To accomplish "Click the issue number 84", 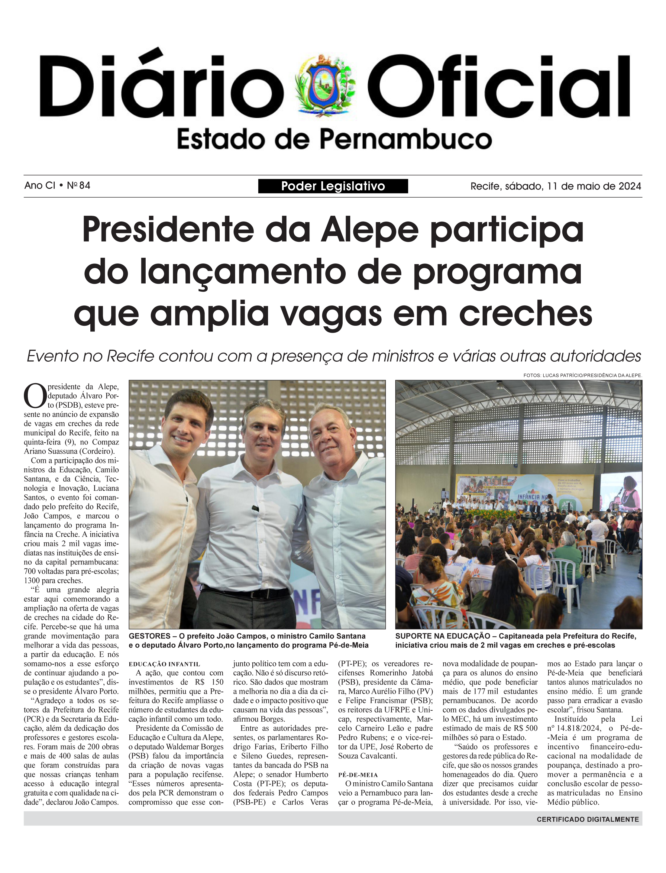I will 84,185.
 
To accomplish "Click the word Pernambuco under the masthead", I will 406,140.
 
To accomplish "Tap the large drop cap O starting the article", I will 35,396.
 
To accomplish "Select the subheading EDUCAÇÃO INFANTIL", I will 164,664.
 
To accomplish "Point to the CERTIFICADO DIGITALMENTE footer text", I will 587,820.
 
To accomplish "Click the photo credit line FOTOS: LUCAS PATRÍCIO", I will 582,375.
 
